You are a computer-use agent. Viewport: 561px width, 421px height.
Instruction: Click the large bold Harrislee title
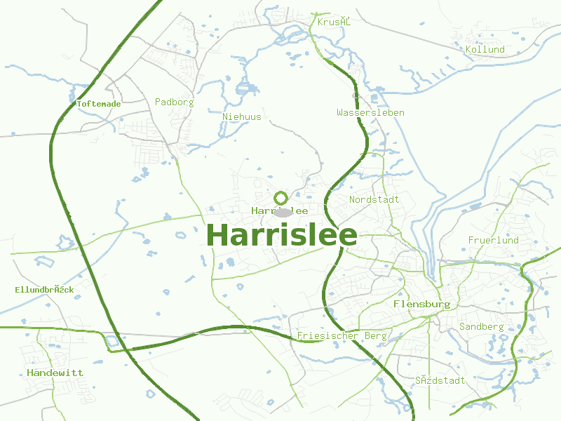click(x=282, y=236)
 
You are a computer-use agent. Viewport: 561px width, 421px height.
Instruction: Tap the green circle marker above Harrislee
click(x=281, y=198)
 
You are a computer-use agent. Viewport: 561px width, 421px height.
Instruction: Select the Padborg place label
click(x=174, y=102)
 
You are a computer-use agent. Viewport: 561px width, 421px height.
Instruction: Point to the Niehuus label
click(x=241, y=116)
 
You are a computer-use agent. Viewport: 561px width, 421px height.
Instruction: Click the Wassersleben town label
click(x=370, y=112)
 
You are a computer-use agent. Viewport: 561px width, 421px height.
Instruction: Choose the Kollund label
click(x=485, y=50)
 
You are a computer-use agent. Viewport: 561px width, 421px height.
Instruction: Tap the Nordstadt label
click(x=374, y=199)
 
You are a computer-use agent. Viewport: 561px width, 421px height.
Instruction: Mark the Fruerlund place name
click(x=493, y=240)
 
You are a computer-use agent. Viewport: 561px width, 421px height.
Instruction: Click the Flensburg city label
click(x=421, y=305)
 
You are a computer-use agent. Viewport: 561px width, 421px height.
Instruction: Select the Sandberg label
click(x=481, y=327)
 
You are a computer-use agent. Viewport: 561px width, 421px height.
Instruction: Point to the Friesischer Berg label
click(x=342, y=336)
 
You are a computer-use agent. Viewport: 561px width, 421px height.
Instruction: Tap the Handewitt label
click(x=55, y=373)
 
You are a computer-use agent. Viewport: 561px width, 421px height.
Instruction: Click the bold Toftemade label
click(x=98, y=104)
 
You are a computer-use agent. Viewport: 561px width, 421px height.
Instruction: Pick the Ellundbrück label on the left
click(x=44, y=290)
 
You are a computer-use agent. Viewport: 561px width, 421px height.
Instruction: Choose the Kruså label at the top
click(x=333, y=22)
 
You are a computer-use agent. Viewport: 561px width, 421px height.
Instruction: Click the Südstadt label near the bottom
click(x=440, y=380)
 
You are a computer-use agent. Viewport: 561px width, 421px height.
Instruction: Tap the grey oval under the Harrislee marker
click(x=282, y=212)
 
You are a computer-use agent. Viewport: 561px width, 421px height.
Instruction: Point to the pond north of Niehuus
click(x=245, y=88)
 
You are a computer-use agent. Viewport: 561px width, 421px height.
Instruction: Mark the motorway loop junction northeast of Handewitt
click(x=111, y=342)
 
